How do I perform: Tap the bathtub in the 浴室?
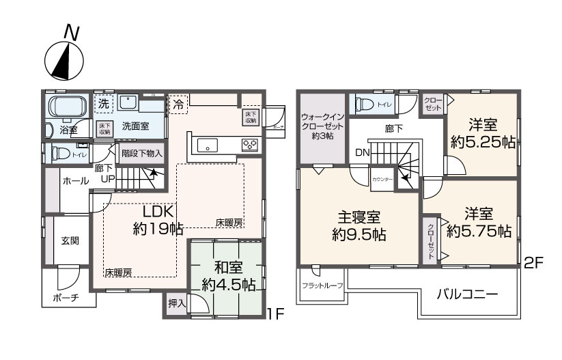pos(65,108)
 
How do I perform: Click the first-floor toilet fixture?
pos(59,152)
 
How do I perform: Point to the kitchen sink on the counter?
pos(208,145)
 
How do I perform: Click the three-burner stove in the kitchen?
pos(249,144)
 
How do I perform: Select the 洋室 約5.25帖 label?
pos(482,135)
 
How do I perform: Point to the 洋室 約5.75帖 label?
pos(479,223)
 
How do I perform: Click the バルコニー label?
pos(466,295)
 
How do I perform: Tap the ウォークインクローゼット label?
pos(321,126)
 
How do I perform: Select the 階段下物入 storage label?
pos(142,153)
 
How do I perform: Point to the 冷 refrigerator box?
pos(178,105)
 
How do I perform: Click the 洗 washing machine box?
pos(102,105)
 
